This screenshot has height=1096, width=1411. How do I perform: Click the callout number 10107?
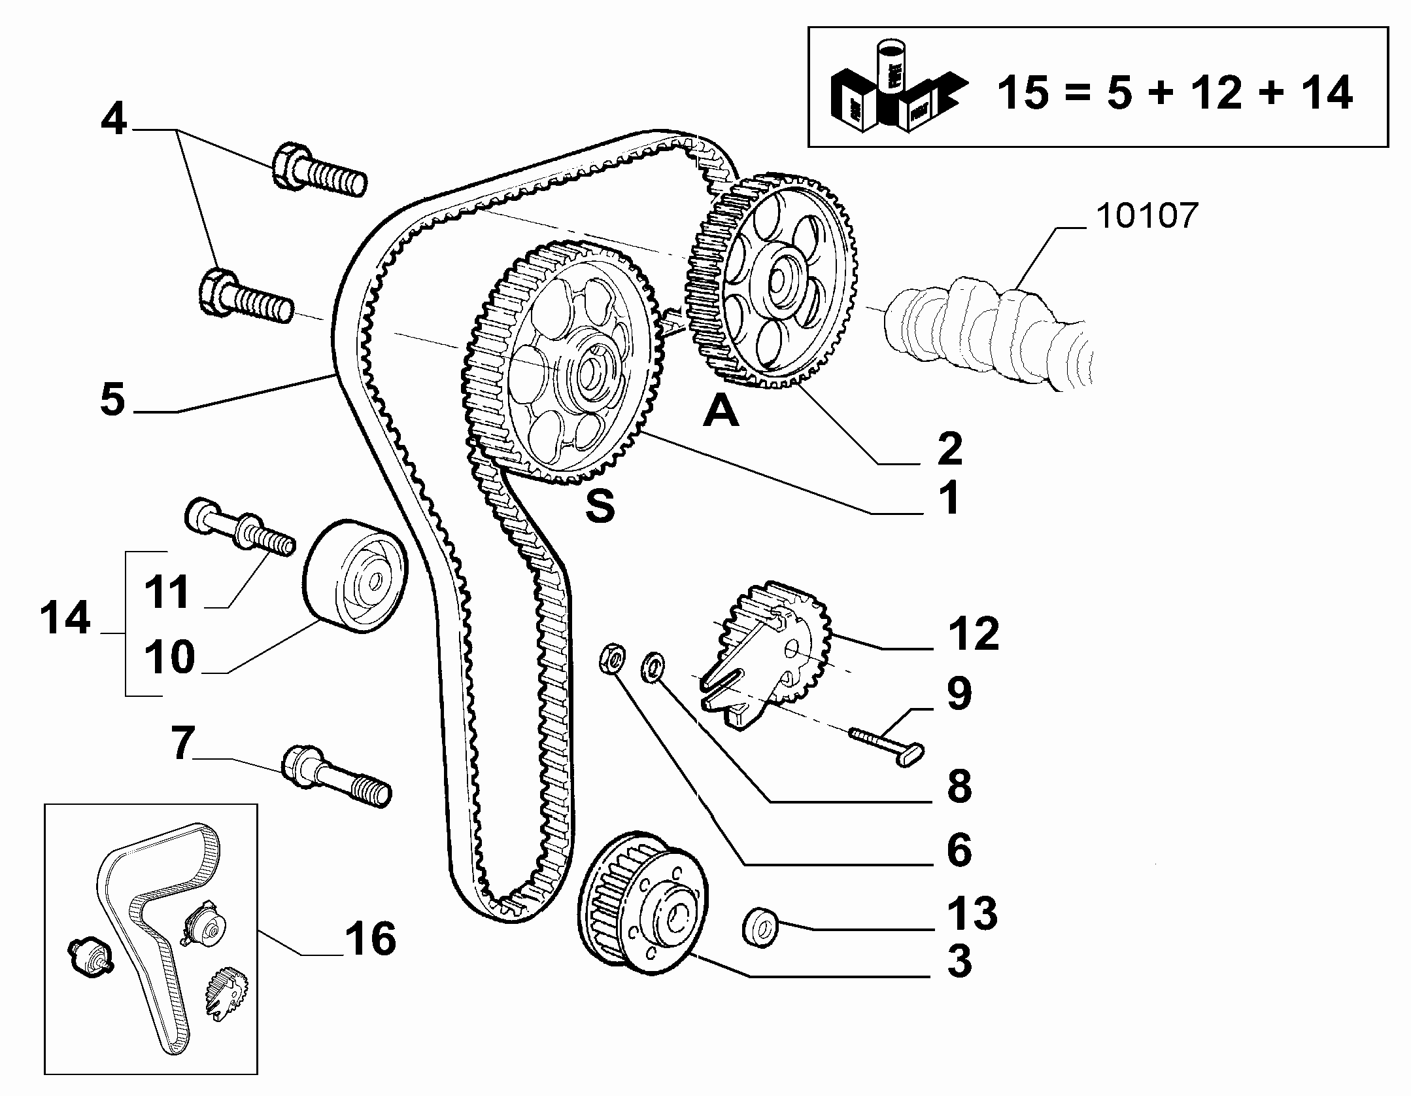point(1147,215)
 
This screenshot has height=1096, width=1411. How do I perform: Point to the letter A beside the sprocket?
point(721,412)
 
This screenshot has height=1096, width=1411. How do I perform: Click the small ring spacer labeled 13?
point(759,926)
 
